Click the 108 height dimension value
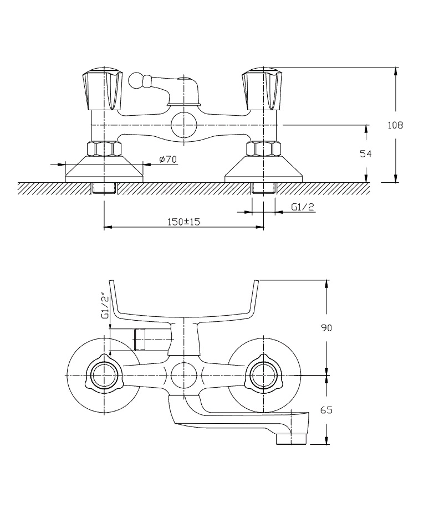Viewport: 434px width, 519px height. (x=395, y=125)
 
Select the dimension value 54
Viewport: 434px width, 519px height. (x=366, y=154)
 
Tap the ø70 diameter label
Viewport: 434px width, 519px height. (x=167, y=160)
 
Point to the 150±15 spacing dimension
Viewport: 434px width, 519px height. (x=183, y=222)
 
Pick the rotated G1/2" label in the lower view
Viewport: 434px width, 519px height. (x=104, y=306)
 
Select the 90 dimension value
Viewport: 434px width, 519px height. (x=326, y=328)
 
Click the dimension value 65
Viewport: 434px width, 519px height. (x=326, y=410)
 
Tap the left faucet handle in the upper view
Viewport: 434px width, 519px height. (x=102, y=89)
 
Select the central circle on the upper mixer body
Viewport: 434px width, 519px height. (x=183, y=125)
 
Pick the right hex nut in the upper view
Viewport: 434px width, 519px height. (x=263, y=149)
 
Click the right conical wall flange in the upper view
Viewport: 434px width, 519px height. (x=263, y=168)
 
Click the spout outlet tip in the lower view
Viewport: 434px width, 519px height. (x=292, y=439)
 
